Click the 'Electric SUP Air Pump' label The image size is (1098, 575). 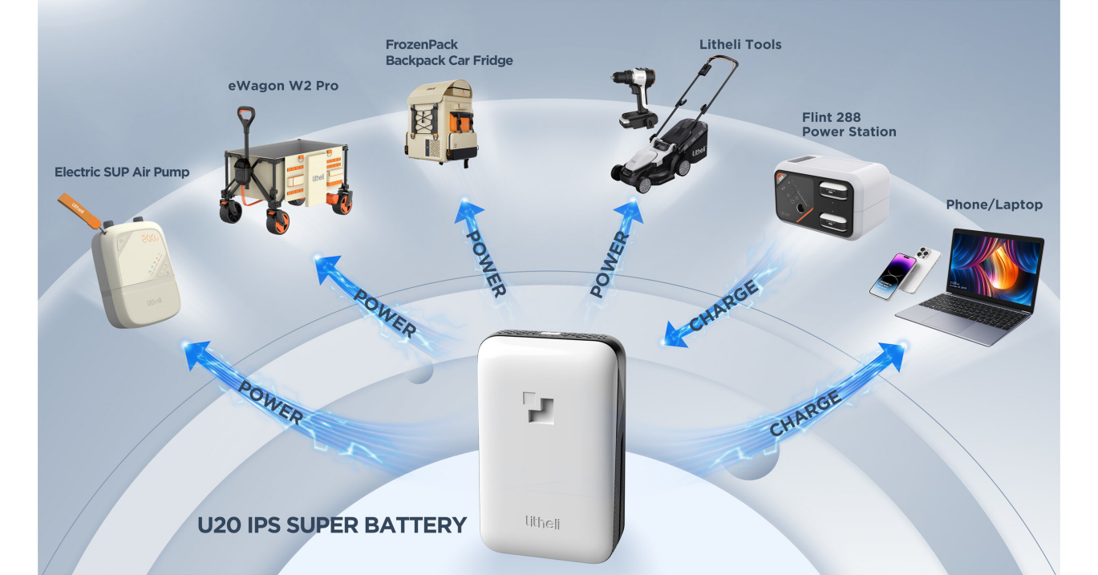[122, 172]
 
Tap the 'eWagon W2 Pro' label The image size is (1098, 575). [283, 86]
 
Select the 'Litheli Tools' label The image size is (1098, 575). [739, 45]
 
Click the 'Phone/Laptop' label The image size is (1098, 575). [994, 204]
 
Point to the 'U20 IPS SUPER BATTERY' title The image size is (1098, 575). [332, 525]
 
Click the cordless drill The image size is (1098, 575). [635, 98]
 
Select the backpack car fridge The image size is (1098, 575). [442, 123]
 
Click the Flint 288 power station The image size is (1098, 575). [832, 197]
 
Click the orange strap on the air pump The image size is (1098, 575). [79, 210]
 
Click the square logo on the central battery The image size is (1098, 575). [538, 407]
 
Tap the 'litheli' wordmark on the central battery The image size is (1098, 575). [542, 523]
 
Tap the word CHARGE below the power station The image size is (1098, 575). [724, 305]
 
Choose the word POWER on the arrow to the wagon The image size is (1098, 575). [385, 314]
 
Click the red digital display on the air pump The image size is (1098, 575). [150, 238]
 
